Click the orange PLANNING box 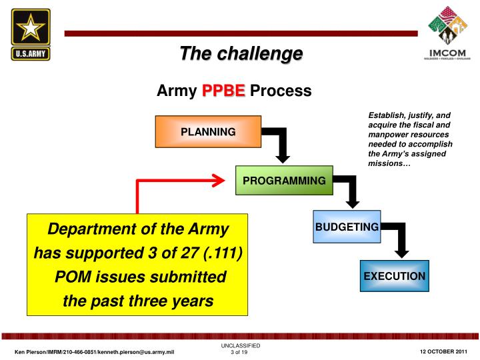click(x=208, y=132)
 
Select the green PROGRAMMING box click(x=284, y=181)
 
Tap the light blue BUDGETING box click(x=347, y=227)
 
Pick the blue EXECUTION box click(x=394, y=276)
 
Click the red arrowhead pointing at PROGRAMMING click(x=217, y=179)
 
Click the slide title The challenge click(x=241, y=53)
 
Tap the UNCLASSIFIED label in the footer click(x=240, y=346)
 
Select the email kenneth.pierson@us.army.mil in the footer click(x=137, y=352)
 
